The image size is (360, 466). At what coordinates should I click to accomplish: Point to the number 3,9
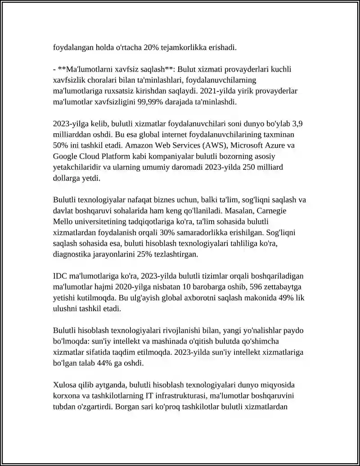tap(302, 124)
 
